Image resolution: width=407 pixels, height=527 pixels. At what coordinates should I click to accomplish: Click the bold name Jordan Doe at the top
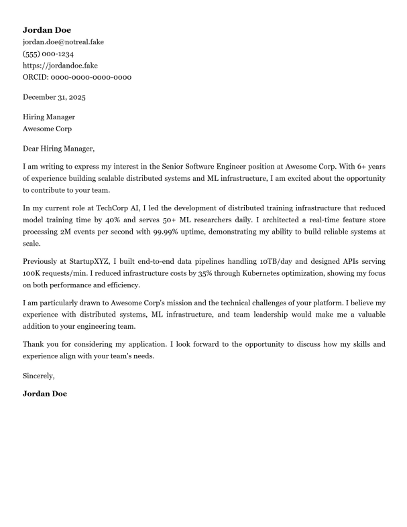coord(46,30)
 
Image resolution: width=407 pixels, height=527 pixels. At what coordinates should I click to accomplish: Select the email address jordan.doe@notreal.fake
coord(63,42)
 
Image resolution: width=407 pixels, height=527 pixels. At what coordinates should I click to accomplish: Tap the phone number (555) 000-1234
coord(48,54)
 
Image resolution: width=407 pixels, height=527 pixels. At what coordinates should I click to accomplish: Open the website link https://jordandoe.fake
coord(60,66)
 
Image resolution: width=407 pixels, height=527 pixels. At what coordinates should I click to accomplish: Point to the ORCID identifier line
coord(77,77)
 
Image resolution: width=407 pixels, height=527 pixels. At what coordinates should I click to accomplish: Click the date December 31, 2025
coord(54,97)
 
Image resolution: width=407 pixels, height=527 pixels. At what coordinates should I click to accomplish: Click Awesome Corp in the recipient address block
coord(47,129)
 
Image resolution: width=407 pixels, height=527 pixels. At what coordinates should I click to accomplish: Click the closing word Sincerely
coord(39,376)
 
